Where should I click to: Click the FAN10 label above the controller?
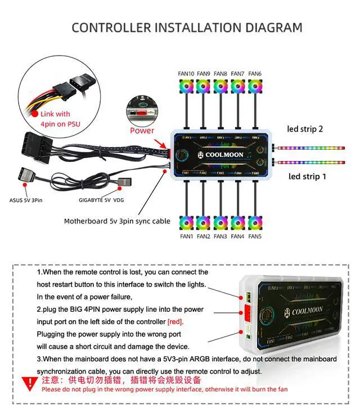[187, 74]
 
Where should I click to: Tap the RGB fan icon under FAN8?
[220, 86]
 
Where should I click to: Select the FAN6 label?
[255, 74]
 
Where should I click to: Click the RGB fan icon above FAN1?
[187, 223]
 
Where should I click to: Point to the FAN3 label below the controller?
[220, 236]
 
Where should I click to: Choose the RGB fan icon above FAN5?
[255, 223]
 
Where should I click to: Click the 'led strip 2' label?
[305, 129]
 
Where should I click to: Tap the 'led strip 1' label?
[307, 176]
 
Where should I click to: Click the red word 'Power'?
[142, 131]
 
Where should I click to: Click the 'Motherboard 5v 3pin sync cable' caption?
[117, 221]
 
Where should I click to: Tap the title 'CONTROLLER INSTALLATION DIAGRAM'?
[187, 27]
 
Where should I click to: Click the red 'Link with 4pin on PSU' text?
[55, 119]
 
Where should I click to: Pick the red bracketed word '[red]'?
[175, 322]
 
